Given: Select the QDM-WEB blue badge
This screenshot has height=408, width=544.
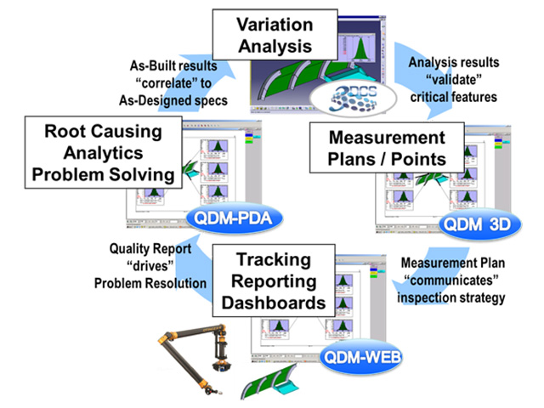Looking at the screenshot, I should (x=360, y=358).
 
